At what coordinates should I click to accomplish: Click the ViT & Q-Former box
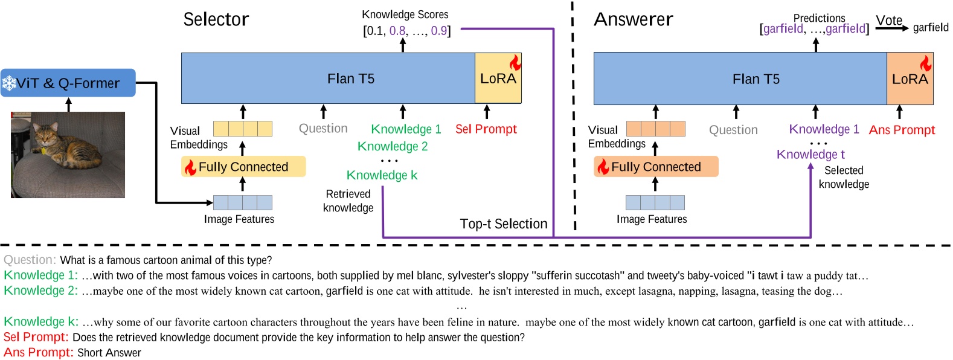coord(68,83)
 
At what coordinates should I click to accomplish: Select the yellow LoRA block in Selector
coord(498,79)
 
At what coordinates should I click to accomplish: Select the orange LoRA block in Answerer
coord(910,79)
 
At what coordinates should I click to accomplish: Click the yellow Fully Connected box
coord(243,167)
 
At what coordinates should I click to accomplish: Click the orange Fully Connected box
coord(656,167)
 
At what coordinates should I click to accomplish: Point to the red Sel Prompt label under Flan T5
coord(486,129)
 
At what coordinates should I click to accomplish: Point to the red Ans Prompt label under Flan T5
coord(902,130)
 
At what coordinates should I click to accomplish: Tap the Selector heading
coord(216,20)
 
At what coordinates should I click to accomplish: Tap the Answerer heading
coord(633,20)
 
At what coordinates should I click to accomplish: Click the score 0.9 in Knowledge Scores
coord(438,31)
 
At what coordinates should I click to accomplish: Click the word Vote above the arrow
coord(888,21)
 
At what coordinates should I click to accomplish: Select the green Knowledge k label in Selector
coord(382,175)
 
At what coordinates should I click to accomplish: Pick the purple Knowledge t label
coord(810,155)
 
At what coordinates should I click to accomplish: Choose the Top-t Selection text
coord(503,224)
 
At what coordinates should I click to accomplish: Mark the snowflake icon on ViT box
coord(9,83)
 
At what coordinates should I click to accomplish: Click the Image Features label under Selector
coord(239,219)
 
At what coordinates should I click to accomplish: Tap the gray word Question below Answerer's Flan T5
coord(733,130)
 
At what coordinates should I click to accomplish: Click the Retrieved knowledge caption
coord(348,201)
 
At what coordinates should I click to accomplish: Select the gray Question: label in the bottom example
coord(30,260)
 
